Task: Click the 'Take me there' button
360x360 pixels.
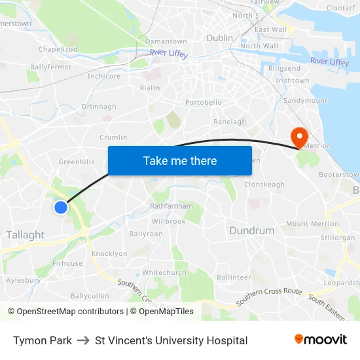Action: pos(179,160)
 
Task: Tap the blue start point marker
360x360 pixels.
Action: pos(60,207)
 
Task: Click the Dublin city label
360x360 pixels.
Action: pos(219,38)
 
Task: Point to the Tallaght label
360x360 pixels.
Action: pos(25,234)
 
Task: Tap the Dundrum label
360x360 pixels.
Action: pos(251,230)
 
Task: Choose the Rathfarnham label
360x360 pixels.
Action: pos(171,206)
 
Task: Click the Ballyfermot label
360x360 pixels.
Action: pos(50,67)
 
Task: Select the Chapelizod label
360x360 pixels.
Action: pos(58,49)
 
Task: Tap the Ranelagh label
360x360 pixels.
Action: pos(230,122)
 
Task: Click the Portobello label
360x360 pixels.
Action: pos(204,103)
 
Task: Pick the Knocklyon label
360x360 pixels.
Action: pos(109,253)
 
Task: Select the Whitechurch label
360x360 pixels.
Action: pos(164,272)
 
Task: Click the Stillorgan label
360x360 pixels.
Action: pos(338,238)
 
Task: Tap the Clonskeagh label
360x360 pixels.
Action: pos(264,185)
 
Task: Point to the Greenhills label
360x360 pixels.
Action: pos(77,162)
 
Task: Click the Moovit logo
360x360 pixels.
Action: pos(320,340)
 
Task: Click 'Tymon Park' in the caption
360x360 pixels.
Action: pos(43,340)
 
